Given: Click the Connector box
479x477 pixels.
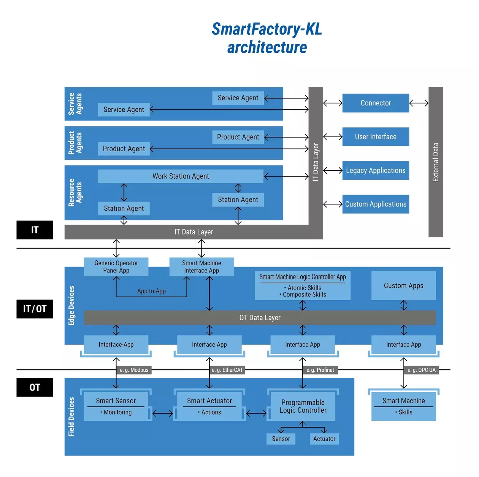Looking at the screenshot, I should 376,103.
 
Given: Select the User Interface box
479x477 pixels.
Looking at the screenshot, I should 376,137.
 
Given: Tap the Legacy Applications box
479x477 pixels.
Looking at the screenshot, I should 376,171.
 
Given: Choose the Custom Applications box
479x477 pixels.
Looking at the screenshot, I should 376,204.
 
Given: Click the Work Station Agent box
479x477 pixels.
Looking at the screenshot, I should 181,176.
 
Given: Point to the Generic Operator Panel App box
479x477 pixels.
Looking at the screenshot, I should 116,267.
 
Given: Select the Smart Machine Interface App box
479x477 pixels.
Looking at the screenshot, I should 201,267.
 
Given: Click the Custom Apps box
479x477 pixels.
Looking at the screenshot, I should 403,286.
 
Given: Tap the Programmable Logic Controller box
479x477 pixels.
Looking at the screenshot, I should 303,407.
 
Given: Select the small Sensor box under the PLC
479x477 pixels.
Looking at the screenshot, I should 281,439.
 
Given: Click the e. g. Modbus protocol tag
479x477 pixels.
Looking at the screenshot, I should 134,370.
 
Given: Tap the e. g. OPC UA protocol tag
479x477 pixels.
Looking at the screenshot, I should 421,370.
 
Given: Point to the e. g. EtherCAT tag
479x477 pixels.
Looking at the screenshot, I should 227,370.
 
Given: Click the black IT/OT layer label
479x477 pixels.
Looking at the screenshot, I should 35,309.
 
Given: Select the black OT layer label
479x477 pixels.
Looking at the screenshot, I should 35,387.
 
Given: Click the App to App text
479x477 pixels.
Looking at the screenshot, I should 151,291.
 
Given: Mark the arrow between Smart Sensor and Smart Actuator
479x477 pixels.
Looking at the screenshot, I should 163,413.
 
